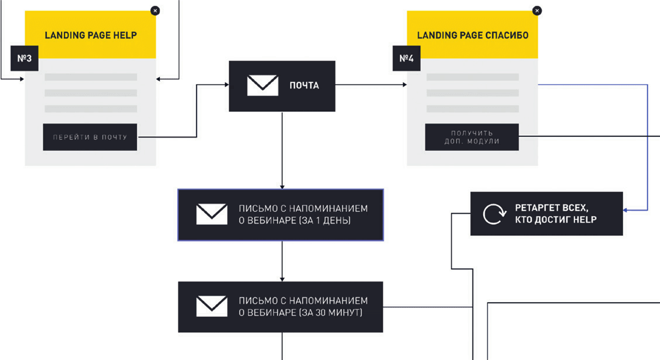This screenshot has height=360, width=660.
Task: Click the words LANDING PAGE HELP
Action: point(91,35)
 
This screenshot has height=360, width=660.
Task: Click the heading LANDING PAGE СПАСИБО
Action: point(472,35)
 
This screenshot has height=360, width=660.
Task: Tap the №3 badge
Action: point(24,59)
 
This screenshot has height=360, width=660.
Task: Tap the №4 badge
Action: point(405,59)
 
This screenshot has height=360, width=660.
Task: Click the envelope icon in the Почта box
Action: point(263,85)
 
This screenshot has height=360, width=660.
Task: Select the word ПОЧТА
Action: point(304,85)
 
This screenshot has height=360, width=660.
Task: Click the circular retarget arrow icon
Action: point(492,214)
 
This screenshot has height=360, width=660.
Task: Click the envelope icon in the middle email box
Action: point(212,214)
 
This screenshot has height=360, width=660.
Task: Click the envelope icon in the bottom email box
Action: point(212,306)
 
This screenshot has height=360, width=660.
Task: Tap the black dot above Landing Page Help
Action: point(155,11)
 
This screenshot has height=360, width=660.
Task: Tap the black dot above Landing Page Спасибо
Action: point(537,11)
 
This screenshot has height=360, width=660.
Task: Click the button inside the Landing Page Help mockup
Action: point(90,137)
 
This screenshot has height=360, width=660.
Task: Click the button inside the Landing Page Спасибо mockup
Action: point(472,137)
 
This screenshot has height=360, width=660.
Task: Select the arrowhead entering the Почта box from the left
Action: point(225,86)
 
